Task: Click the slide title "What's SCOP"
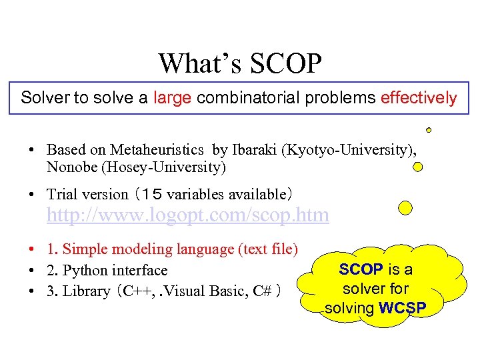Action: coord(240,64)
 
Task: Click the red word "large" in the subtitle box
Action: coord(172,98)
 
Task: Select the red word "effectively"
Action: coord(418,98)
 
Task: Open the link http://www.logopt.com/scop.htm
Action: coord(187,215)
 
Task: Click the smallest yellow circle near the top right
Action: coord(429,130)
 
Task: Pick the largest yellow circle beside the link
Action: coord(405,208)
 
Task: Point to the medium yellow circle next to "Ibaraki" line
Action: coord(418,167)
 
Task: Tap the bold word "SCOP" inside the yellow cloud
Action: coord(361,269)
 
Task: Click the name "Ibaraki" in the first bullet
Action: coord(255,150)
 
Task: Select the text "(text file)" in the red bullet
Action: coord(267,249)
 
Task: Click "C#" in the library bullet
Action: coord(263,291)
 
